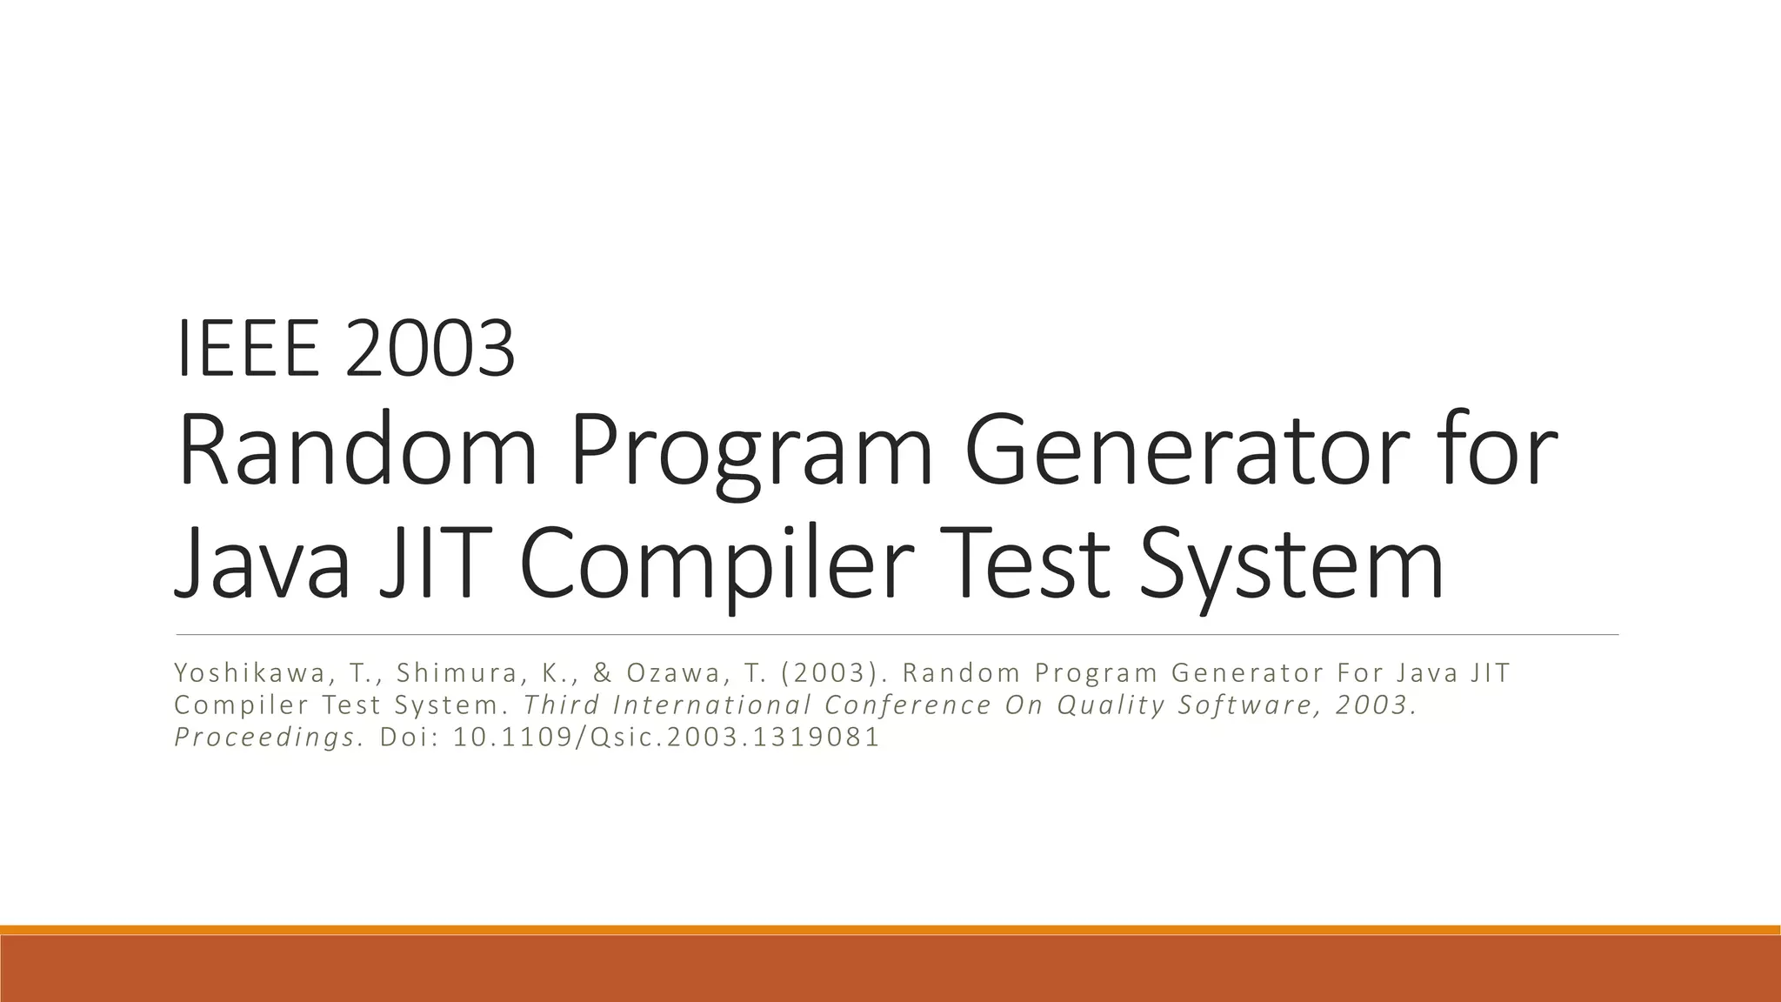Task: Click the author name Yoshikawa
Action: click(x=251, y=673)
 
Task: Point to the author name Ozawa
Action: click(x=675, y=673)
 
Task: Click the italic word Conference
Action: click(x=908, y=705)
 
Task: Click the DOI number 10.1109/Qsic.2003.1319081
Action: click(x=667, y=738)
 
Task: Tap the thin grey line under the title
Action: click(x=896, y=635)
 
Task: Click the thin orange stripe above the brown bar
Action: click(x=890, y=930)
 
